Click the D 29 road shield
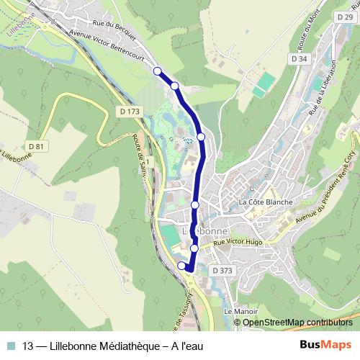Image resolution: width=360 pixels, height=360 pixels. point(343,15)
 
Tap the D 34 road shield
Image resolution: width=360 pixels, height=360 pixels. point(300,58)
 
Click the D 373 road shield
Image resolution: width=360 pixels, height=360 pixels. point(224,270)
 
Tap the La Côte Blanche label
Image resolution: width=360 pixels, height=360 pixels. point(266,202)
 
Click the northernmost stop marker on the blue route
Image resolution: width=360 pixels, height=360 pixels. point(158,71)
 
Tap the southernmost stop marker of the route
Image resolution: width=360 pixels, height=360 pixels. point(181,266)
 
